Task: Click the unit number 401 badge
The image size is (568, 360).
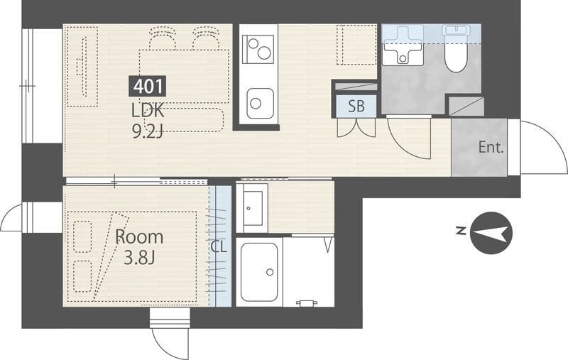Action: pyautogui.click(x=148, y=86)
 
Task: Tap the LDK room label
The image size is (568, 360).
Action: pyautogui.click(x=148, y=111)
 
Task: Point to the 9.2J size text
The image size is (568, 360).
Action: pyautogui.click(x=148, y=132)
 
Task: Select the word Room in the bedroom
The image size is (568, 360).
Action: pyautogui.click(x=139, y=237)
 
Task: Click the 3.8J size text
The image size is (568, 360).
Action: pyautogui.click(x=139, y=258)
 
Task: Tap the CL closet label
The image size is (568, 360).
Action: pyautogui.click(x=219, y=247)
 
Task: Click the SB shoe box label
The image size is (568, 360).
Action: pyautogui.click(x=356, y=106)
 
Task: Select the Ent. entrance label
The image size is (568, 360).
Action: pyautogui.click(x=491, y=148)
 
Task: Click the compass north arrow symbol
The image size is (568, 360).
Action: pyautogui.click(x=491, y=233)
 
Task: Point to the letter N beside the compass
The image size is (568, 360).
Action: pyautogui.click(x=461, y=231)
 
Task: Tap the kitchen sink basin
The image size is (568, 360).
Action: pyautogui.click(x=260, y=103)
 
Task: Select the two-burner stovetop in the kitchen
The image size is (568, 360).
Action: pyautogui.click(x=258, y=49)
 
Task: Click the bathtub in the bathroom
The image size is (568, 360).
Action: pyautogui.click(x=259, y=272)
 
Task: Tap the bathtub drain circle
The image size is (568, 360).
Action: pyautogui.click(x=270, y=272)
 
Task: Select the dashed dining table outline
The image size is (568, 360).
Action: pyautogui.click(x=185, y=77)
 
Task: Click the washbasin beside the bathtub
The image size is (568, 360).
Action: pyautogui.click(x=253, y=207)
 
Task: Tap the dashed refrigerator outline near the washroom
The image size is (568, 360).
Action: pyautogui.click(x=356, y=45)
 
